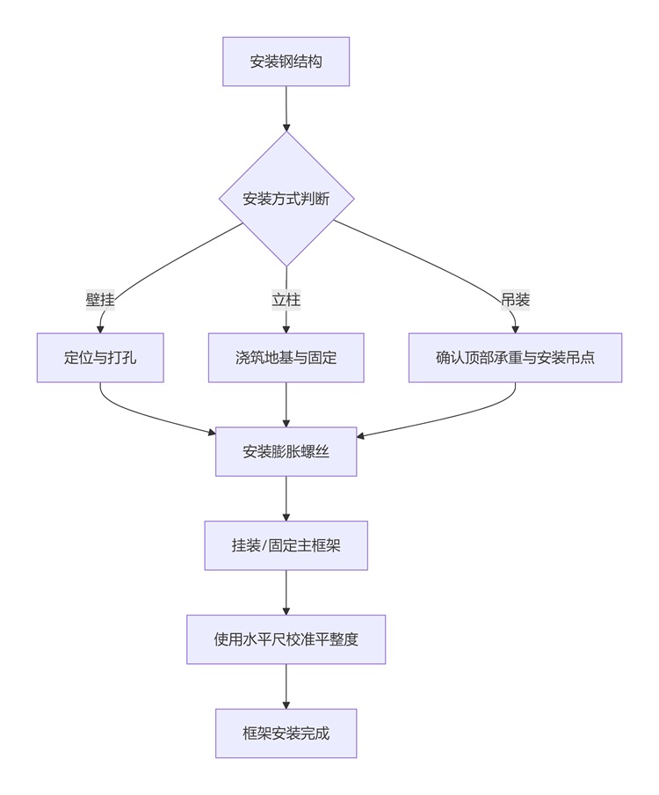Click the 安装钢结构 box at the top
click(286, 62)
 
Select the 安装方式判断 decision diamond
click(286, 199)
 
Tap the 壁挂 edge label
click(100, 300)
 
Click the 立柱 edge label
click(286, 300)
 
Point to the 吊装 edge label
click(515, 300)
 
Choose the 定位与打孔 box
click(100, 358)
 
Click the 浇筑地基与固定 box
click(286, 358)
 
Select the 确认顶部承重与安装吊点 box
click(515, 358)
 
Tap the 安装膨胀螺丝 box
click(286, 452)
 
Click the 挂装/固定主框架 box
click(286, 545)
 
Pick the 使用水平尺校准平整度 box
click(286, 639)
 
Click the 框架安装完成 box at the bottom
click(286, 733)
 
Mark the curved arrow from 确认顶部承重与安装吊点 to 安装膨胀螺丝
click(457, 418)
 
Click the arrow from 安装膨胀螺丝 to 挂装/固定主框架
click(286, 498)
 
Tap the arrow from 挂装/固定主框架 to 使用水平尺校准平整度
click(286, 592)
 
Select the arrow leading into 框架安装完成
click(286, 686)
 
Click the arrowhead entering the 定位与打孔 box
click(100, 329)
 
